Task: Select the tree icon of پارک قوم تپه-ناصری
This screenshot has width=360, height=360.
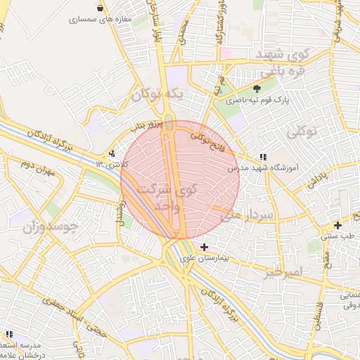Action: coord(257,89)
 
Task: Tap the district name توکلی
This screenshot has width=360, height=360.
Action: coord(303,131)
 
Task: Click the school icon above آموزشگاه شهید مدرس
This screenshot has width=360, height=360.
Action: coord(262,157)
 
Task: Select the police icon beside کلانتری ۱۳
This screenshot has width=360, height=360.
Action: coord(112,153)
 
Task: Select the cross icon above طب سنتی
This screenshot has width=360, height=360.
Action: coord(338,225)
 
